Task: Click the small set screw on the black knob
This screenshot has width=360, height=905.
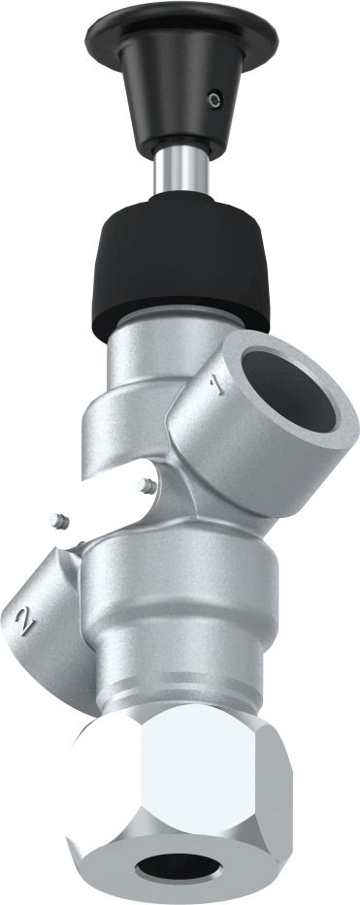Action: (215, 97)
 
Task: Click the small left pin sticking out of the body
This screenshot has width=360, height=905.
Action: (59, 521)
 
